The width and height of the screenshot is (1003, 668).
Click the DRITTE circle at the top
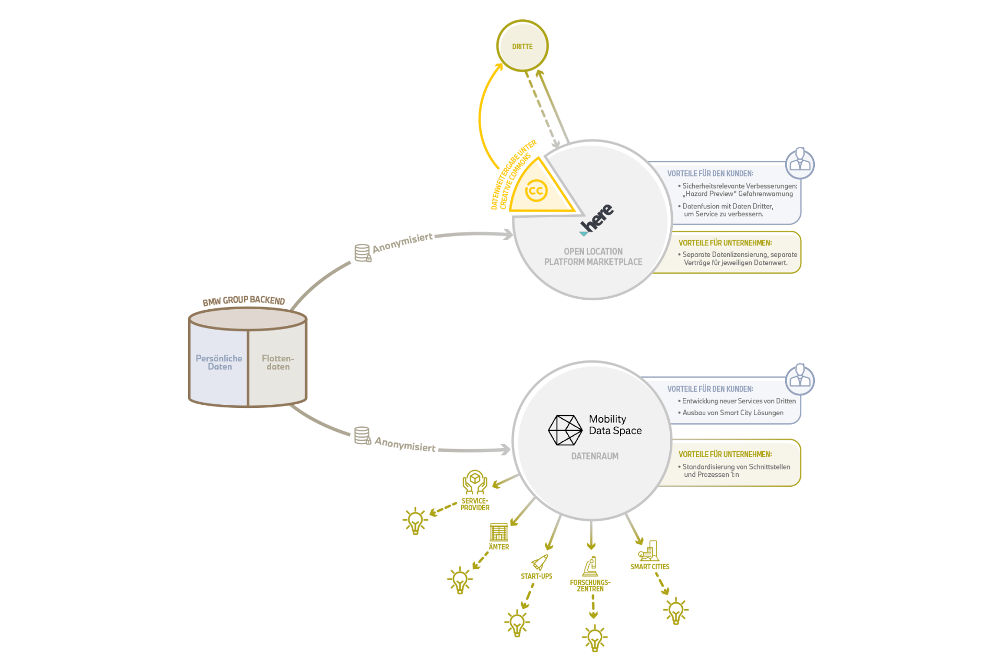point(522,46)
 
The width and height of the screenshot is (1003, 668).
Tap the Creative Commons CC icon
point(536,191)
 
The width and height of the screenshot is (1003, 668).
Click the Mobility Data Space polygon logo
point(565,430)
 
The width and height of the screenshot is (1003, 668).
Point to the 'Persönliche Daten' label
point(219,362)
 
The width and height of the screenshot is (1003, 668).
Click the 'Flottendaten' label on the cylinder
point(278,362)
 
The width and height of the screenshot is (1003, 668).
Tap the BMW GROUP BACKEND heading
point(243,300)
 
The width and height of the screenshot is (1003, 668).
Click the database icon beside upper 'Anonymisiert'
point(363,253)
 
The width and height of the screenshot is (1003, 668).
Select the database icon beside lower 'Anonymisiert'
point(363,436)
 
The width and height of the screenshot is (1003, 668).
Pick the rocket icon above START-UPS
point(540,562)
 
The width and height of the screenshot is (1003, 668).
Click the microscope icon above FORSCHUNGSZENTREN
point(590,567)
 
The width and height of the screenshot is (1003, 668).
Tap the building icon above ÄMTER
point(498,532)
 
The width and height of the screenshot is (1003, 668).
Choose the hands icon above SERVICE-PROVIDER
point(475,482)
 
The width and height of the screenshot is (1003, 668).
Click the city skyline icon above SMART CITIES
point(649,551)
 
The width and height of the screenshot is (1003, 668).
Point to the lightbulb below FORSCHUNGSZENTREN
point(594,638)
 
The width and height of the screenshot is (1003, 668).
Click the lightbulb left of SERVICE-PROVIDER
point(415,521)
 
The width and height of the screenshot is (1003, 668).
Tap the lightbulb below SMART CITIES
point(675,611)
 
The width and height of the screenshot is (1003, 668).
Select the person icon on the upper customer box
point(800,163)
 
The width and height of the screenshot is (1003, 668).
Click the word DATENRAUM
point(594,456)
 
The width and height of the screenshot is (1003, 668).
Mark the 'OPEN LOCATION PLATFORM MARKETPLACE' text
point(593,256)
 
